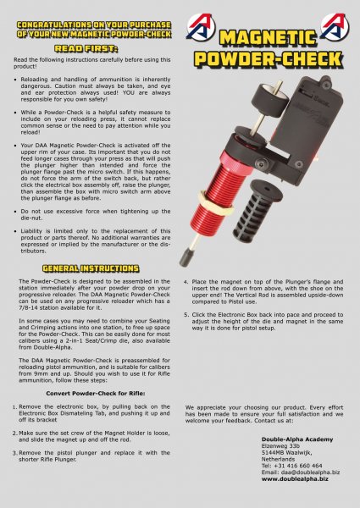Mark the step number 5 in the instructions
[186, 314]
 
